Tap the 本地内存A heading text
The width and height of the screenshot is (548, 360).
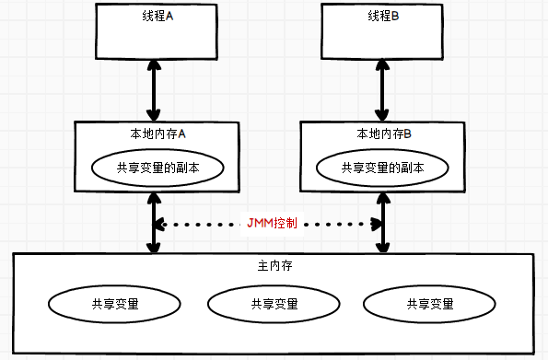(157, 134)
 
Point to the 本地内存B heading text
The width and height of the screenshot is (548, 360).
(383, 134)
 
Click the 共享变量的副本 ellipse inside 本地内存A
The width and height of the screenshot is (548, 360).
(157, 167)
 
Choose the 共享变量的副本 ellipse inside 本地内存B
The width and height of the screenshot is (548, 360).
(382, 168)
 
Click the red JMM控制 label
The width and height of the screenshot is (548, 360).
(272, 223)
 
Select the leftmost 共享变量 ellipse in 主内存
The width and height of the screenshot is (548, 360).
(115, 303)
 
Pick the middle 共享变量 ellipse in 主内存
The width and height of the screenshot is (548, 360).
(274, 303)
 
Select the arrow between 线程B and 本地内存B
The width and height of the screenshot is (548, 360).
(382, 90)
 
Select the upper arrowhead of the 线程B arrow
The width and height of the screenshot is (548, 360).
(382, 64)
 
